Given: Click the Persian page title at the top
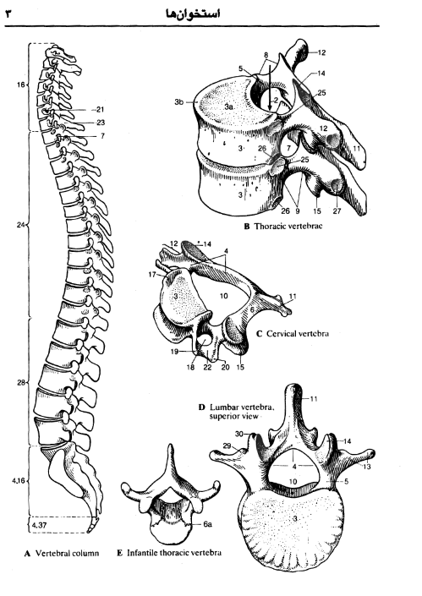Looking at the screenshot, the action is click(193, 14).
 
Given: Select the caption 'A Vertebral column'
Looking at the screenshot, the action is click(62, 553).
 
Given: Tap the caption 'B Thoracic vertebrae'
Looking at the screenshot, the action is click(282, 227).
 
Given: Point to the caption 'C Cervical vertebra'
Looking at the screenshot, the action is click(293, 334).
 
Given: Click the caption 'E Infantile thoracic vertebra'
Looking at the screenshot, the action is click(169, 553).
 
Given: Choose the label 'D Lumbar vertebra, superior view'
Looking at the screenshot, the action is click(236, 412).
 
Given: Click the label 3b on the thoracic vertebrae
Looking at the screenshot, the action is click(179, 101).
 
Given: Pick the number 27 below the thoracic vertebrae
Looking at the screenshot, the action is click(337, 211).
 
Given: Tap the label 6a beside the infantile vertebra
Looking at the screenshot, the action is click(207, 524).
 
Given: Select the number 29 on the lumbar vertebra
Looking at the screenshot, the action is click(227, 446).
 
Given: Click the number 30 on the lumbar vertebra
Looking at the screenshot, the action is click(238, 434).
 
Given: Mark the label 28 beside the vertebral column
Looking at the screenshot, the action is click(20, 382).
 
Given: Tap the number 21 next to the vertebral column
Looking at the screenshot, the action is click(100, 109).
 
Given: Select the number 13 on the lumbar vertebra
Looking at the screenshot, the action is click(366, 467).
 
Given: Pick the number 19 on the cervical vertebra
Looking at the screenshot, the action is click(174, 352).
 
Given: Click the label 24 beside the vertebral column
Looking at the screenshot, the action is click(20, 225).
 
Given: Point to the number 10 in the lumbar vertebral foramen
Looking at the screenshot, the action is click(293, 482).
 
